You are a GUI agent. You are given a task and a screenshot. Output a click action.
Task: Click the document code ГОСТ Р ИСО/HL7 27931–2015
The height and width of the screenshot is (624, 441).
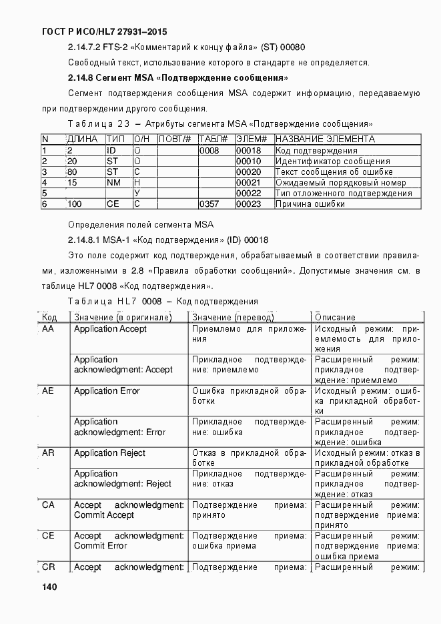(x=104, y=31)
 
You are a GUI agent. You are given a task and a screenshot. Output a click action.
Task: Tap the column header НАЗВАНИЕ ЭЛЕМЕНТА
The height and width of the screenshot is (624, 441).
(x=325, y=139)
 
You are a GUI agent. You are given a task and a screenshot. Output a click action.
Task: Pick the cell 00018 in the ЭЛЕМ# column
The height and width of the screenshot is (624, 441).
(x=248, y=151)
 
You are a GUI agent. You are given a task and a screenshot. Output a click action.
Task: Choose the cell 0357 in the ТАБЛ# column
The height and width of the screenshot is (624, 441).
(x=209, y=204)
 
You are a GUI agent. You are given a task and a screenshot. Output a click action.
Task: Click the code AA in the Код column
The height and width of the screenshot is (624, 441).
(x=48, y=329)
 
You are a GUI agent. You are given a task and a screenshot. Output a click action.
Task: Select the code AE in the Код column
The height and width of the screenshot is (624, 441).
(x=48, y=391)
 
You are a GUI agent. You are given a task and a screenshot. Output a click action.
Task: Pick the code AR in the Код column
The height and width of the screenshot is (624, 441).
(x=48, y=453)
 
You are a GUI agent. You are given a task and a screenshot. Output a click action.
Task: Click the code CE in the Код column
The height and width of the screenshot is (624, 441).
(x=48, y=536)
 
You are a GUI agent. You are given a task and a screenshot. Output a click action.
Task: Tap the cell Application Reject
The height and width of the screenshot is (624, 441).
(x=109, y=453)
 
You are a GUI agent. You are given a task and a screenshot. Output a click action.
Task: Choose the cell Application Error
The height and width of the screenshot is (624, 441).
(x=107, y=391)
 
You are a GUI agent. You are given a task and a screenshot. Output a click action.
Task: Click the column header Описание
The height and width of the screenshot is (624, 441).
(x=334, y=318)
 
